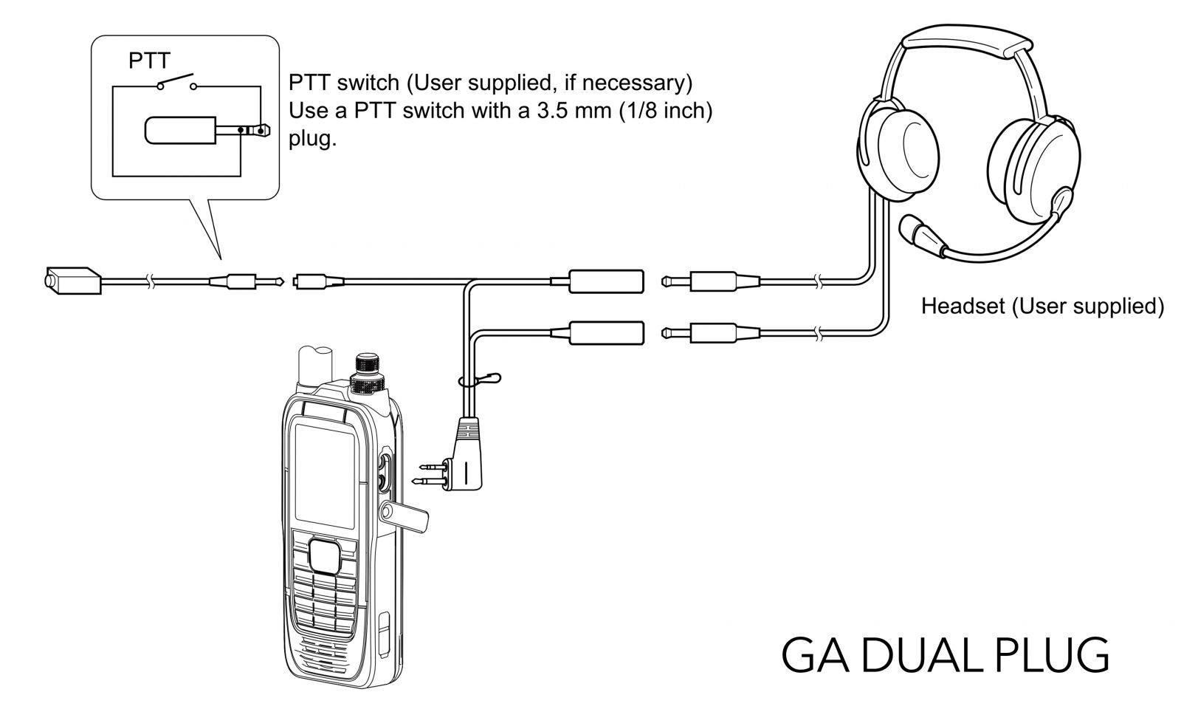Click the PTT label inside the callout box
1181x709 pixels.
point(149,61)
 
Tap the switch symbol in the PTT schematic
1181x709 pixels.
point(177,82)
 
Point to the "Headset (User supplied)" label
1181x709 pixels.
point(1042,306)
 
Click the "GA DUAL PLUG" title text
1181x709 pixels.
point(945,654)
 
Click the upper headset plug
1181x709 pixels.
point(710,281)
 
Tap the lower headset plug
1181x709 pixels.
point(710,333)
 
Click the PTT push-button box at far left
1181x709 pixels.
point(73,280)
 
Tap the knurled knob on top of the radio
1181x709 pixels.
point(368,374)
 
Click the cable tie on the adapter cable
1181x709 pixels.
point(479,380)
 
